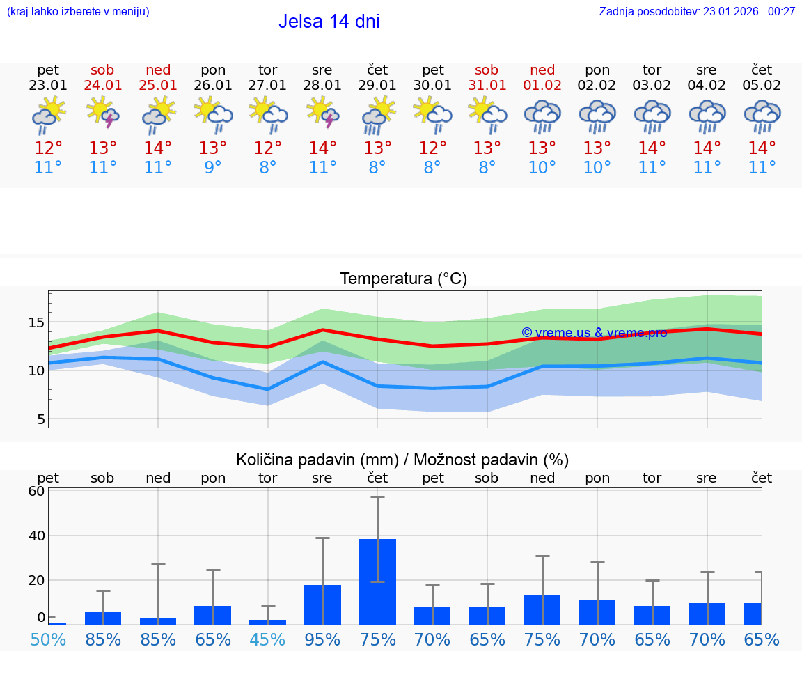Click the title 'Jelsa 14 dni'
tap(329, 22)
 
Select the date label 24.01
tap(102, 86)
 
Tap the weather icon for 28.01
tap(322, 114)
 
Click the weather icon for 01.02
tap(542, 116)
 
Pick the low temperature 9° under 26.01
tap(213, 168)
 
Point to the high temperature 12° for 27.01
tap(267, 148)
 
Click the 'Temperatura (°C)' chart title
tap(403, 279)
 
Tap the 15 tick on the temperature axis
tap(37, 322)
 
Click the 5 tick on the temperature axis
tap(41, 419)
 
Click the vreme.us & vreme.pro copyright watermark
tap(594, 333)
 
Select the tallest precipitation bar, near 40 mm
tap(377, 582)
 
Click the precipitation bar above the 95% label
tap(322, 604)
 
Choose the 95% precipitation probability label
tap(322, 639)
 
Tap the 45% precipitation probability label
tap(267, 639)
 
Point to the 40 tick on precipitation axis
tap(37, 536)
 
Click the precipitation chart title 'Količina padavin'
tap(402, 460)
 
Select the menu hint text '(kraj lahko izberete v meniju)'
tap(78, 12)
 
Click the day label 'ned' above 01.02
tap(542, 70)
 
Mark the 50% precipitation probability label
tap(48, 639)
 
